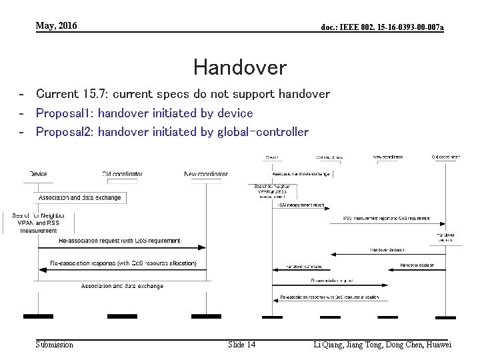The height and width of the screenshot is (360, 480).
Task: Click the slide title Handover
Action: pos(239,67)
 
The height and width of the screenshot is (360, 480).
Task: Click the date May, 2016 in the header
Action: pos(57,26)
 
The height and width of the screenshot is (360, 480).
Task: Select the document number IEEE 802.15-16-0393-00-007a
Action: pos(382,27)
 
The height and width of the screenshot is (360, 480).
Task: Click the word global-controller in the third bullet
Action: pos(263,132)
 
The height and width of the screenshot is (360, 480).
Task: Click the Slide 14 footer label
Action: pos(241,345)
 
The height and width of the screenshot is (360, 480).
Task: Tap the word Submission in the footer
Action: pos(55,345)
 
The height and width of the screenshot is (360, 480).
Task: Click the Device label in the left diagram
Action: pos(38,174)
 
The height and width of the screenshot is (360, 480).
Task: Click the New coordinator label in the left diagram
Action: pos(206,174)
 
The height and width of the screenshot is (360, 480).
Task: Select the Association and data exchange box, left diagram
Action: pos(80,197)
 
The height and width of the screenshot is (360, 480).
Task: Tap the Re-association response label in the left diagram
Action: pos(120,263)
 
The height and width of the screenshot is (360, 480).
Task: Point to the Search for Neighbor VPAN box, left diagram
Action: pos(39,223)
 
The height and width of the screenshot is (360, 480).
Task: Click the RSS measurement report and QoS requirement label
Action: pos(386,218)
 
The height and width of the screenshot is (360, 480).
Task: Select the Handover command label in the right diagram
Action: pos(304,265)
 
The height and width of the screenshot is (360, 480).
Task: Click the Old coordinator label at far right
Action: pos(445,157)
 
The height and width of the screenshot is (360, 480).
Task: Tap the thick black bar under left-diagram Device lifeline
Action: pos(38,315)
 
